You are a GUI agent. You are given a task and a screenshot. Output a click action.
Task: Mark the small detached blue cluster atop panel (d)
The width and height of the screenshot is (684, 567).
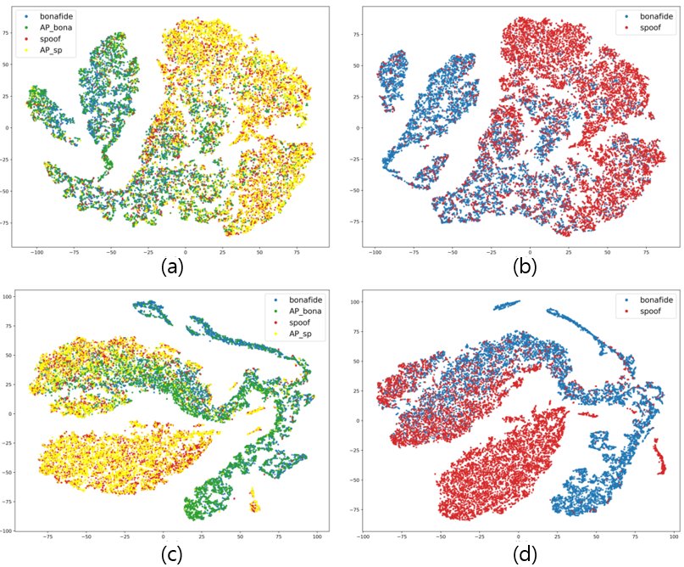[507, 304]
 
